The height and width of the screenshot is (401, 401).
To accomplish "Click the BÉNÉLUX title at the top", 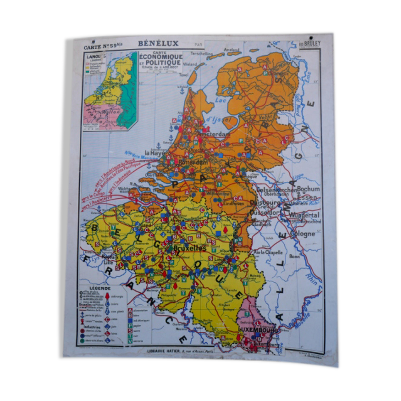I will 158,43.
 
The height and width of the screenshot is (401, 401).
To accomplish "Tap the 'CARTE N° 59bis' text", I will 103,47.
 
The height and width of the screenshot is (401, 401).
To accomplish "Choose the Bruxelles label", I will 190,248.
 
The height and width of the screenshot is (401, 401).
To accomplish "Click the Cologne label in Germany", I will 302,234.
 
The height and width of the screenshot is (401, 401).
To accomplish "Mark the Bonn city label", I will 294,256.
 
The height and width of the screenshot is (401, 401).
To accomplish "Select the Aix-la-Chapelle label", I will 268,252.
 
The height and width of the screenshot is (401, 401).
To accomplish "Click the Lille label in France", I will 108,263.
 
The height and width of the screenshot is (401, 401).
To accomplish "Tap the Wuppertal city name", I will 304,215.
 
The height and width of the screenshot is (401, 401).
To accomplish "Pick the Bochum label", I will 308,189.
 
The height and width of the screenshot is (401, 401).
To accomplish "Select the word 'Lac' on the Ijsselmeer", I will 220,100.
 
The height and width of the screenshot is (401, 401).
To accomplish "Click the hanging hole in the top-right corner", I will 311,38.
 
